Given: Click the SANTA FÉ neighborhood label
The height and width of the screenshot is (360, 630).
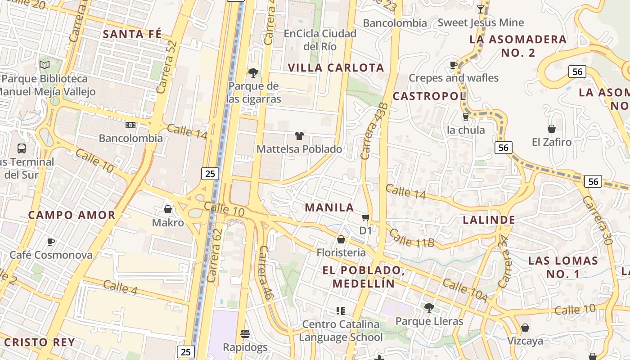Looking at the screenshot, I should pos(132,34).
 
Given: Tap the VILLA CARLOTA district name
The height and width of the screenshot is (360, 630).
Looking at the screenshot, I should pos(336,68).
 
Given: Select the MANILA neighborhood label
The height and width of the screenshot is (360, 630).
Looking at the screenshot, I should pos(329,207).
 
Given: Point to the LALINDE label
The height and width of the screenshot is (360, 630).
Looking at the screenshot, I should pos(489,220).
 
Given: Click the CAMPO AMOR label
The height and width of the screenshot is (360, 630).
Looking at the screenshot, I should pos(72,215).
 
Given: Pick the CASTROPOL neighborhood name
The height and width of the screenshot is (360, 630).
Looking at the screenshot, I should pos(429,96).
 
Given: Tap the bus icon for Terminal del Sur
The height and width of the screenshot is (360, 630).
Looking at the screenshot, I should pos(21,148).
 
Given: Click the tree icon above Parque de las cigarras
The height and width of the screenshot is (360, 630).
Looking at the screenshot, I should pos(253,72).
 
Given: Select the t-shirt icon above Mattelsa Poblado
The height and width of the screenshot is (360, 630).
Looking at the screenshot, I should pos(299,135).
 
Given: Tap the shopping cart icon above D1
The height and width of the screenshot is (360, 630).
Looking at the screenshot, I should pos(365,218).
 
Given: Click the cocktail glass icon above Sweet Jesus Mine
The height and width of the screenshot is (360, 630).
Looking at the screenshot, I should pos(481,9).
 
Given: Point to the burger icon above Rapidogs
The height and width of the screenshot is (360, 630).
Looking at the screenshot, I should pos(245,334).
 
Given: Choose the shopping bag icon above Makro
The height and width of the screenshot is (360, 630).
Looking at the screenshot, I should pos(168,209).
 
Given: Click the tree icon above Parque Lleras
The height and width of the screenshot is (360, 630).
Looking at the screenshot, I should pos(429,308).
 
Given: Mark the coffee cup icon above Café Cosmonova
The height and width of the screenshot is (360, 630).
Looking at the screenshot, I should pos(51,242).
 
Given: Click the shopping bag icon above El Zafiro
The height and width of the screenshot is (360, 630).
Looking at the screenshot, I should pos(551,129).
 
